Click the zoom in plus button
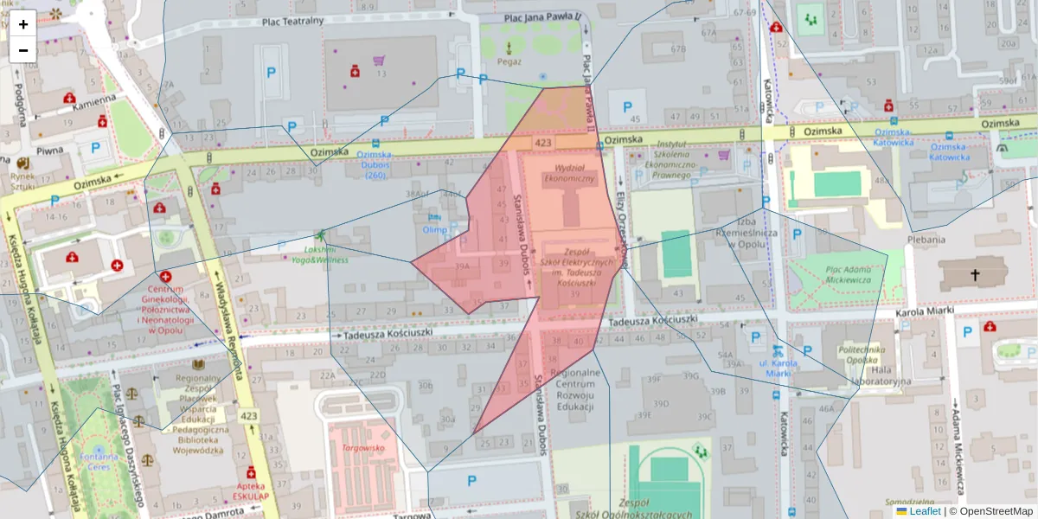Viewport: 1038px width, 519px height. pyautogui.click(x=23, y=24)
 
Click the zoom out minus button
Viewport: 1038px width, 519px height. pyautogui.click(x=23, y=50)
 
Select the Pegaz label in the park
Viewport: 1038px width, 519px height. pyautogui.click(x=509, y=61)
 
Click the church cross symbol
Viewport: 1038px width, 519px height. pyautogui.click(x=975, y=276)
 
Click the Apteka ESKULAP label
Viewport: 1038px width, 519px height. pyautogui.click(x=251, y=491)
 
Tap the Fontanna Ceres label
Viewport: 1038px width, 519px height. pyautogui.click(x=96, y=461)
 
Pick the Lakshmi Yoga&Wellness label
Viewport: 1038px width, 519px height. pyautogui.click(x=320, y=254)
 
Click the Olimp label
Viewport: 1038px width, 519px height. pyautogui.click(x=434, y=230)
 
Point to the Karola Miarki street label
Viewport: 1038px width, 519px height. pyautogui.click(x=922, y=312)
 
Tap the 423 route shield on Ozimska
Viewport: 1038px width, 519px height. pyautogui.click(x=543, y=142)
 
